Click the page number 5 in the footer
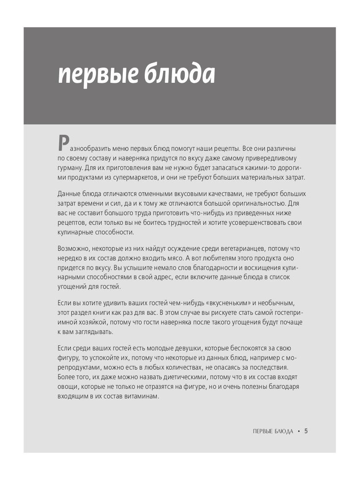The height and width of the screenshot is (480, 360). coord(306,431)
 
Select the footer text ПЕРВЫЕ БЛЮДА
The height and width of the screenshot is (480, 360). coord(273,432)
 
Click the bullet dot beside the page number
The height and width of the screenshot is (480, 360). coord(298,432)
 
